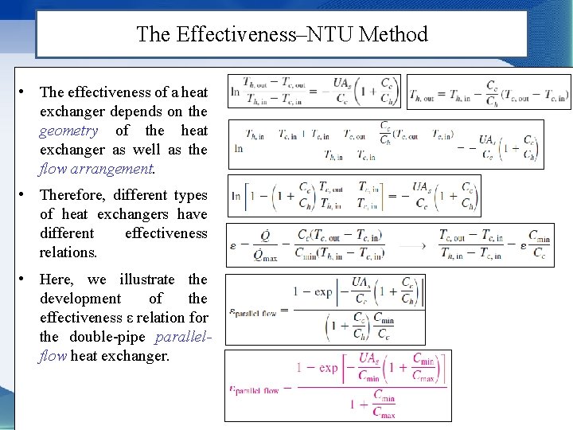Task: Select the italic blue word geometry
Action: point(68,131)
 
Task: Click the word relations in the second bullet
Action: point(67,252)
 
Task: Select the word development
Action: point(79,299)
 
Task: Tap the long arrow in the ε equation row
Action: point(411,244)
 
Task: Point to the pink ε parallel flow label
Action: point(254,390)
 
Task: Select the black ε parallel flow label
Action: point(253,313)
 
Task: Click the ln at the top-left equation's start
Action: point(235,92)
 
